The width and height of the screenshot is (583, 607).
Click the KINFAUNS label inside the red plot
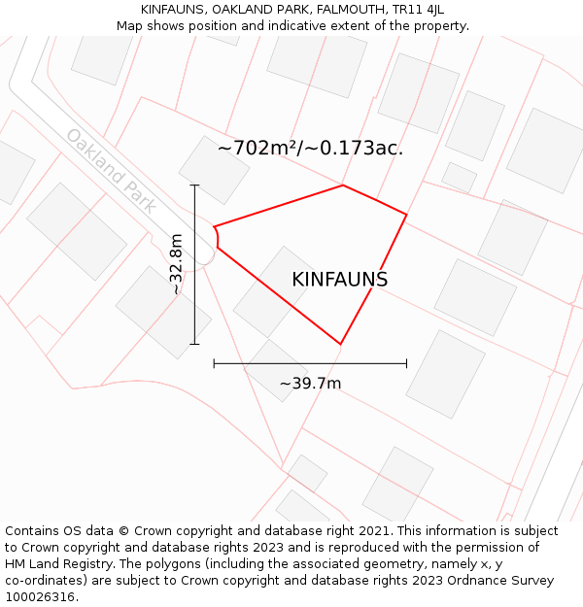click(339, 280)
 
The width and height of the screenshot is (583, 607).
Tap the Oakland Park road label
click(111, 170)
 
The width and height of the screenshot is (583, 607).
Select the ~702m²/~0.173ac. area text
click(310, 149)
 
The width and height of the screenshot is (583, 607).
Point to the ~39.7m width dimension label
click(310, 384)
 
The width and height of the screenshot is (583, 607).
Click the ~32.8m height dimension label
click(176, 264)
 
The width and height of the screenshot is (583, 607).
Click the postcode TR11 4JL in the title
click(418, 10)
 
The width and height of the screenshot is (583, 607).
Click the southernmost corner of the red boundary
click(340, 344)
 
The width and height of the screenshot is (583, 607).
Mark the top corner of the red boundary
click(343, 185)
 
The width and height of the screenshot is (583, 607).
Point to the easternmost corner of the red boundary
click(406, 215)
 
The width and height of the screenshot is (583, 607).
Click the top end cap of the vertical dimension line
click(194, 185)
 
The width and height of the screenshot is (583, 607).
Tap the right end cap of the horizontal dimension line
click(406, 363)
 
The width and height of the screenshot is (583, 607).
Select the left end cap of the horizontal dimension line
click(214, 363)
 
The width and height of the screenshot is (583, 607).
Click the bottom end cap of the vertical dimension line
click(194, 344)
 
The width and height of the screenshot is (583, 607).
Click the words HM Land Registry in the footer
click(54, 564)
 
